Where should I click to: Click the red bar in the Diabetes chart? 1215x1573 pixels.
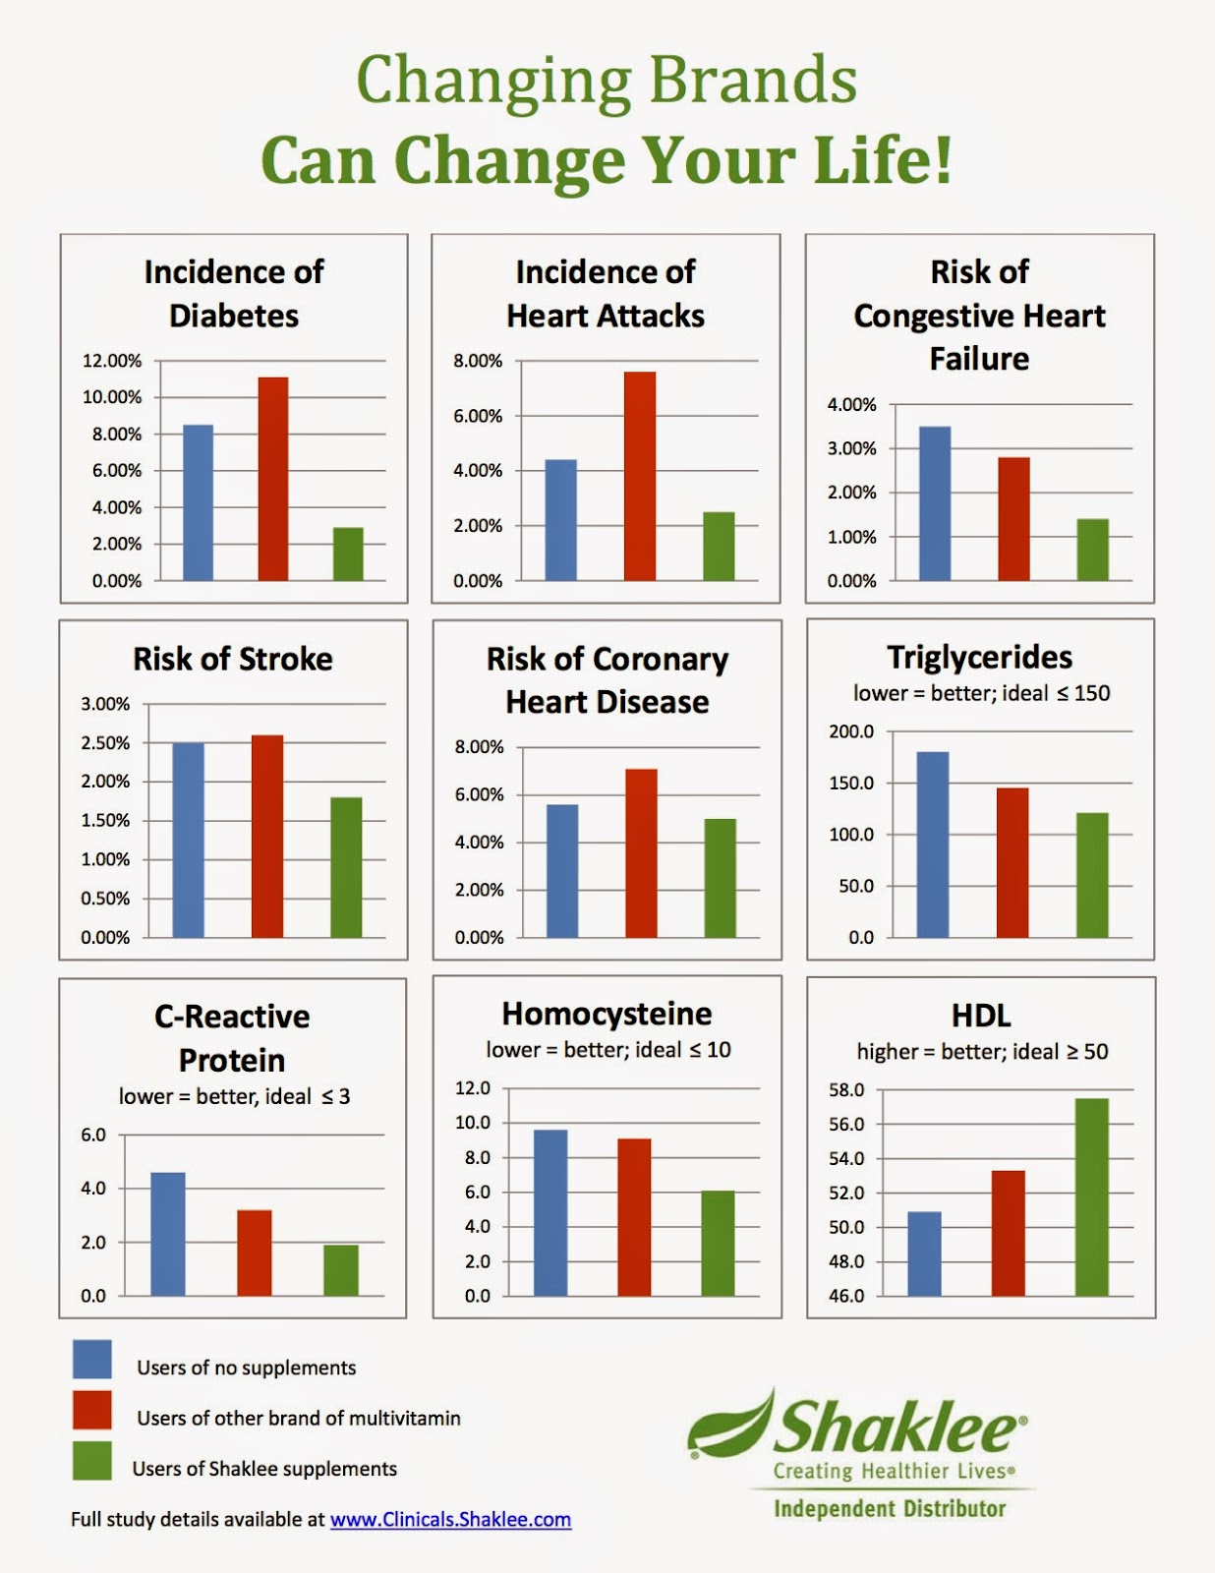273,479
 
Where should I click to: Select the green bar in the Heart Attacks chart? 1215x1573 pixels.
719,547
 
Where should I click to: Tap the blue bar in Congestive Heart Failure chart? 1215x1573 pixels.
935,503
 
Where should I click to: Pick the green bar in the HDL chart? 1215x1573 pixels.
1091,1197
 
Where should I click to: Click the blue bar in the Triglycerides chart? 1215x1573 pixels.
933,845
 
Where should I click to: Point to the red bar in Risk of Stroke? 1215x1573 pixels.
267,837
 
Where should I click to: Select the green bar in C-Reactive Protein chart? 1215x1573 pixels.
341,1270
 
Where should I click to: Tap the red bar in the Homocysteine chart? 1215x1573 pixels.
634,1217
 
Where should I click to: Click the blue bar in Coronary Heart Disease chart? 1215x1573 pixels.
562,871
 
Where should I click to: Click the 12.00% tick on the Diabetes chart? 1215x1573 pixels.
112,361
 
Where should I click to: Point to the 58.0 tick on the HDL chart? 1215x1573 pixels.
846,1090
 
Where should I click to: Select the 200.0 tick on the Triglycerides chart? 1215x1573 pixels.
851,731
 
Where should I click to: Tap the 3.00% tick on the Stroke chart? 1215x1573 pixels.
105,704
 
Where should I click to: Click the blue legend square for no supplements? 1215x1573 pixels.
92,1360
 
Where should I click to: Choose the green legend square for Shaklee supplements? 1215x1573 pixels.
92,1461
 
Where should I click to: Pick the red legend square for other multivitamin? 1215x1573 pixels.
92,1410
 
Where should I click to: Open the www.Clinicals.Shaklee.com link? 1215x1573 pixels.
450,1519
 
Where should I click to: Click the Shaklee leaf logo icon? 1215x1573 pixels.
729,1424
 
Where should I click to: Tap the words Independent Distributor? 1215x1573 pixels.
890,1509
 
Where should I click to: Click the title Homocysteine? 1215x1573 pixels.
607,1014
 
